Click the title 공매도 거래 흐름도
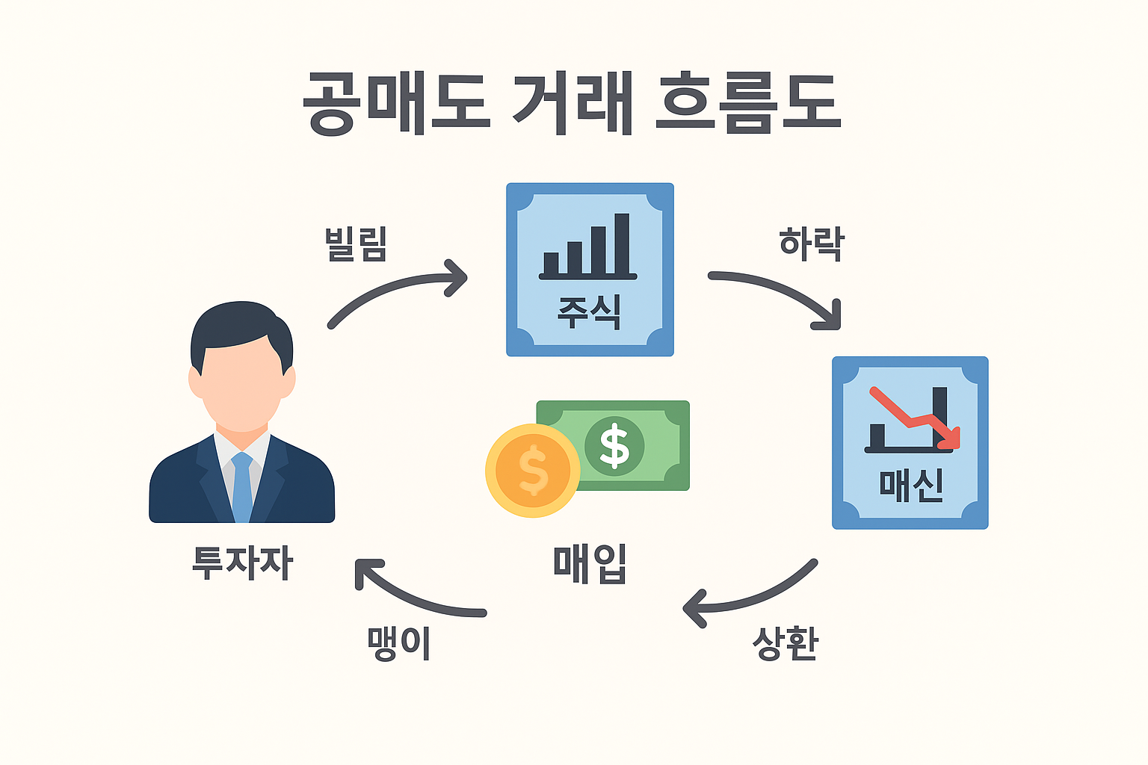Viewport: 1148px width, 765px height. pos(572,104)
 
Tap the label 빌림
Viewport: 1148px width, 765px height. pos(356,244)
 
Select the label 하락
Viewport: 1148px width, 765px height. pos(811,244)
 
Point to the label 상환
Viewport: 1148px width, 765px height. pos(786,643)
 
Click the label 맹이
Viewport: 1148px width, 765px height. pos(398,643)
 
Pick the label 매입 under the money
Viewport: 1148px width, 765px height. pos(590,565)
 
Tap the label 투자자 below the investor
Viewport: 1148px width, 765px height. pos(242,562)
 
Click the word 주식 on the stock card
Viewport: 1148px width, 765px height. pos(590,312)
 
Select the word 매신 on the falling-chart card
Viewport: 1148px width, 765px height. pos(911,486)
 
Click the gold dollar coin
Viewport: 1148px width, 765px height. pos(532,471)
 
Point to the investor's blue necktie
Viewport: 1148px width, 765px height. pos(242,487)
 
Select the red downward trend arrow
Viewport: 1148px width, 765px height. pos(913,419)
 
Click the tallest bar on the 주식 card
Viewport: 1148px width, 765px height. pos(622,244)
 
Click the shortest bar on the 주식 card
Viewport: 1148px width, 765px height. pos(551,264)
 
